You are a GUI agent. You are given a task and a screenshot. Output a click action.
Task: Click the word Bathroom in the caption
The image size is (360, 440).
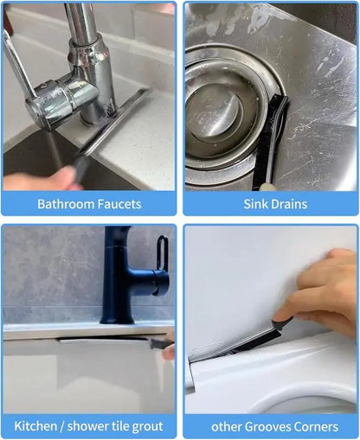[66, 204]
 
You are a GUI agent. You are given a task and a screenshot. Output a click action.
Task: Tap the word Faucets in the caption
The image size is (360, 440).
[119, 204]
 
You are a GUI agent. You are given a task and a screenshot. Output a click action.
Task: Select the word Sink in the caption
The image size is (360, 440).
[254, 204]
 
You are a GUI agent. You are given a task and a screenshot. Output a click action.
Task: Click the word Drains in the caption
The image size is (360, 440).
[287, 204]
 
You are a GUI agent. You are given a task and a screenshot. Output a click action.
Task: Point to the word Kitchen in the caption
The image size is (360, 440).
[35, 426]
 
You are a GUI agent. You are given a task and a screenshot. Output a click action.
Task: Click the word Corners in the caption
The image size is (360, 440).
[313, 427]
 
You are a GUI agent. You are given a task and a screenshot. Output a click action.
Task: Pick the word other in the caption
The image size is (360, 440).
[227, 427]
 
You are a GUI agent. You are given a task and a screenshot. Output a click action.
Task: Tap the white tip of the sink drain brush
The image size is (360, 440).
[264, 188]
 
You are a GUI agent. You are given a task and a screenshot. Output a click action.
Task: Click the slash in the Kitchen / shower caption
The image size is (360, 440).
[63, 426]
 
